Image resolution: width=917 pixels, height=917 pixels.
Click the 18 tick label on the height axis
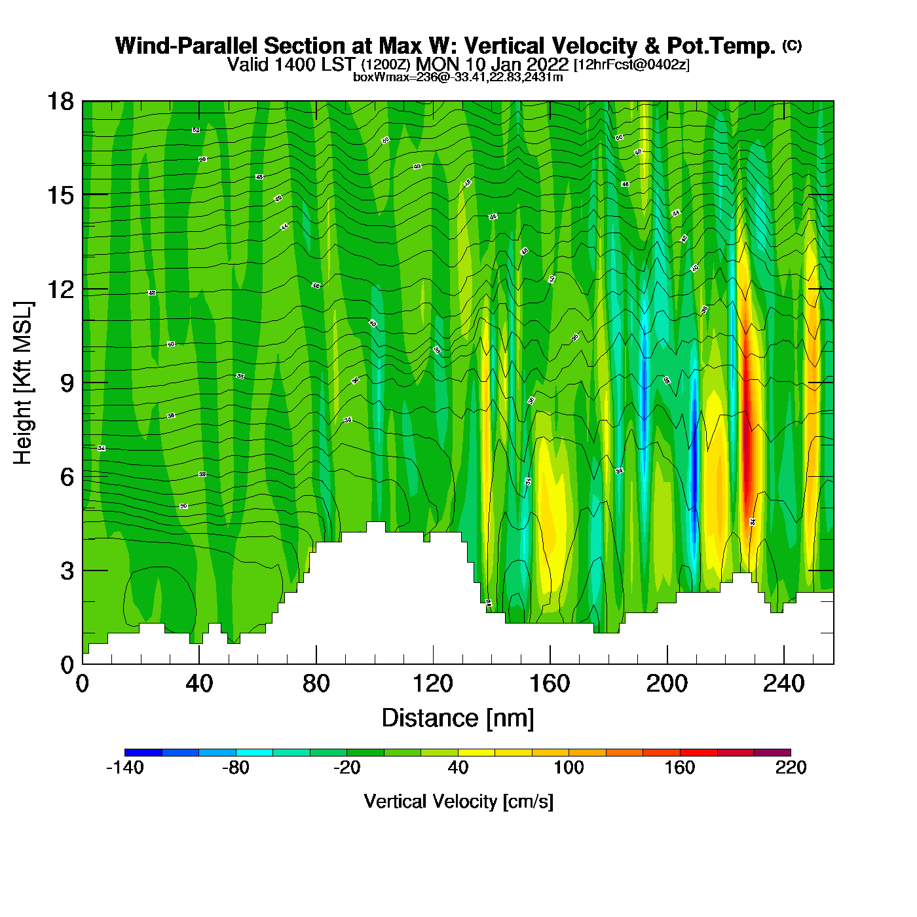click(x=60, y=102)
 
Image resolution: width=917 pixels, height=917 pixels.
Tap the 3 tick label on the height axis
click(x=67, y=571)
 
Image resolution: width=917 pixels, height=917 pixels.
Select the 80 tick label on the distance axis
click(x=316, y=684)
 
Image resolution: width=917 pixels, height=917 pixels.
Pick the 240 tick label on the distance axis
click(x=783, y=684)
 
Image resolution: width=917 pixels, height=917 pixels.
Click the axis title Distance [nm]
click(x=458, y=718)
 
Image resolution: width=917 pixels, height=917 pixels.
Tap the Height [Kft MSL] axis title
click(x=23, y=383)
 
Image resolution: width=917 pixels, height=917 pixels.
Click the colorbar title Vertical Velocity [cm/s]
click(x=458, y=801)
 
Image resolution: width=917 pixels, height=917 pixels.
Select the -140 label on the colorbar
click(x=124, y=768)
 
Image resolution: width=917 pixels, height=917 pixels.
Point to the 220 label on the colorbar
click(x=791, y=768)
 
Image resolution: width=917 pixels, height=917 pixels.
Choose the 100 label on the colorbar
click(x=569, y=768)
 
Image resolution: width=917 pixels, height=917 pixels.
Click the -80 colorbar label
click(x=236, y=768)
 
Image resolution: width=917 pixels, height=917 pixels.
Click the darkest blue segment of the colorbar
click(x=143, y=753)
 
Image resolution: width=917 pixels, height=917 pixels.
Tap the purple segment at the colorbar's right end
click(x=772, y=753)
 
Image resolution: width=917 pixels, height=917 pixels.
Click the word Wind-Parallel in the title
click(x=187, y=46)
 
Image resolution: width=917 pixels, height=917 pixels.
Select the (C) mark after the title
click(x=792, y=45)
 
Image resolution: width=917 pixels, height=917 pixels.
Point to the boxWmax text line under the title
click(x=458, y=77)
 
